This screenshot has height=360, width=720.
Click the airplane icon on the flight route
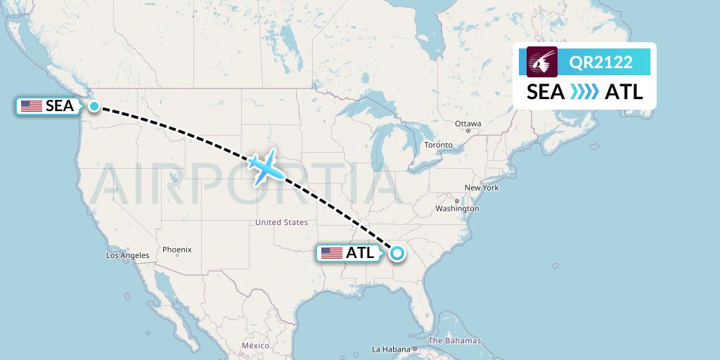(x=265, y=167)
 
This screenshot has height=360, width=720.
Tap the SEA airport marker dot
(x=94, y=106)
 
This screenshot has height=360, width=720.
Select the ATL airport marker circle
(x=398, y=253)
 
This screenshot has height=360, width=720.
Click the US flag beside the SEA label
(x=32, y=106)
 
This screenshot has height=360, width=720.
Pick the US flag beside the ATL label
(x=332, y=253)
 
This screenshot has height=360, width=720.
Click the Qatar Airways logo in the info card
(x=542, y=62)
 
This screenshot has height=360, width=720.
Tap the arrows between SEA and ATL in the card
(x=584, y=92)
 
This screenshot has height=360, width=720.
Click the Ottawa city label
(x=468, y=124)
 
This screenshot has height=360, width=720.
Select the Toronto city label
(x=438, y=146)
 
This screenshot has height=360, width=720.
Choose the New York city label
(x=482, y=188)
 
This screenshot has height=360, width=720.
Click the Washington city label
(x=457, y=209)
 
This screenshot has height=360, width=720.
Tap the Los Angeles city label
(x=127, y=255)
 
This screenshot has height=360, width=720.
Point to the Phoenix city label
(x=176, y=250)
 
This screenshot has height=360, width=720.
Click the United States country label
(x=281, y=222)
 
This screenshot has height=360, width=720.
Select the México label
(x=255, y=346)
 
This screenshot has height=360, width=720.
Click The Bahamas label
(x=454, y=341)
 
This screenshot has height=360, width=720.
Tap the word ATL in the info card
(x=624, y=92)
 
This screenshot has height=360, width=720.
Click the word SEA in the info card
(x=546, y=92)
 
